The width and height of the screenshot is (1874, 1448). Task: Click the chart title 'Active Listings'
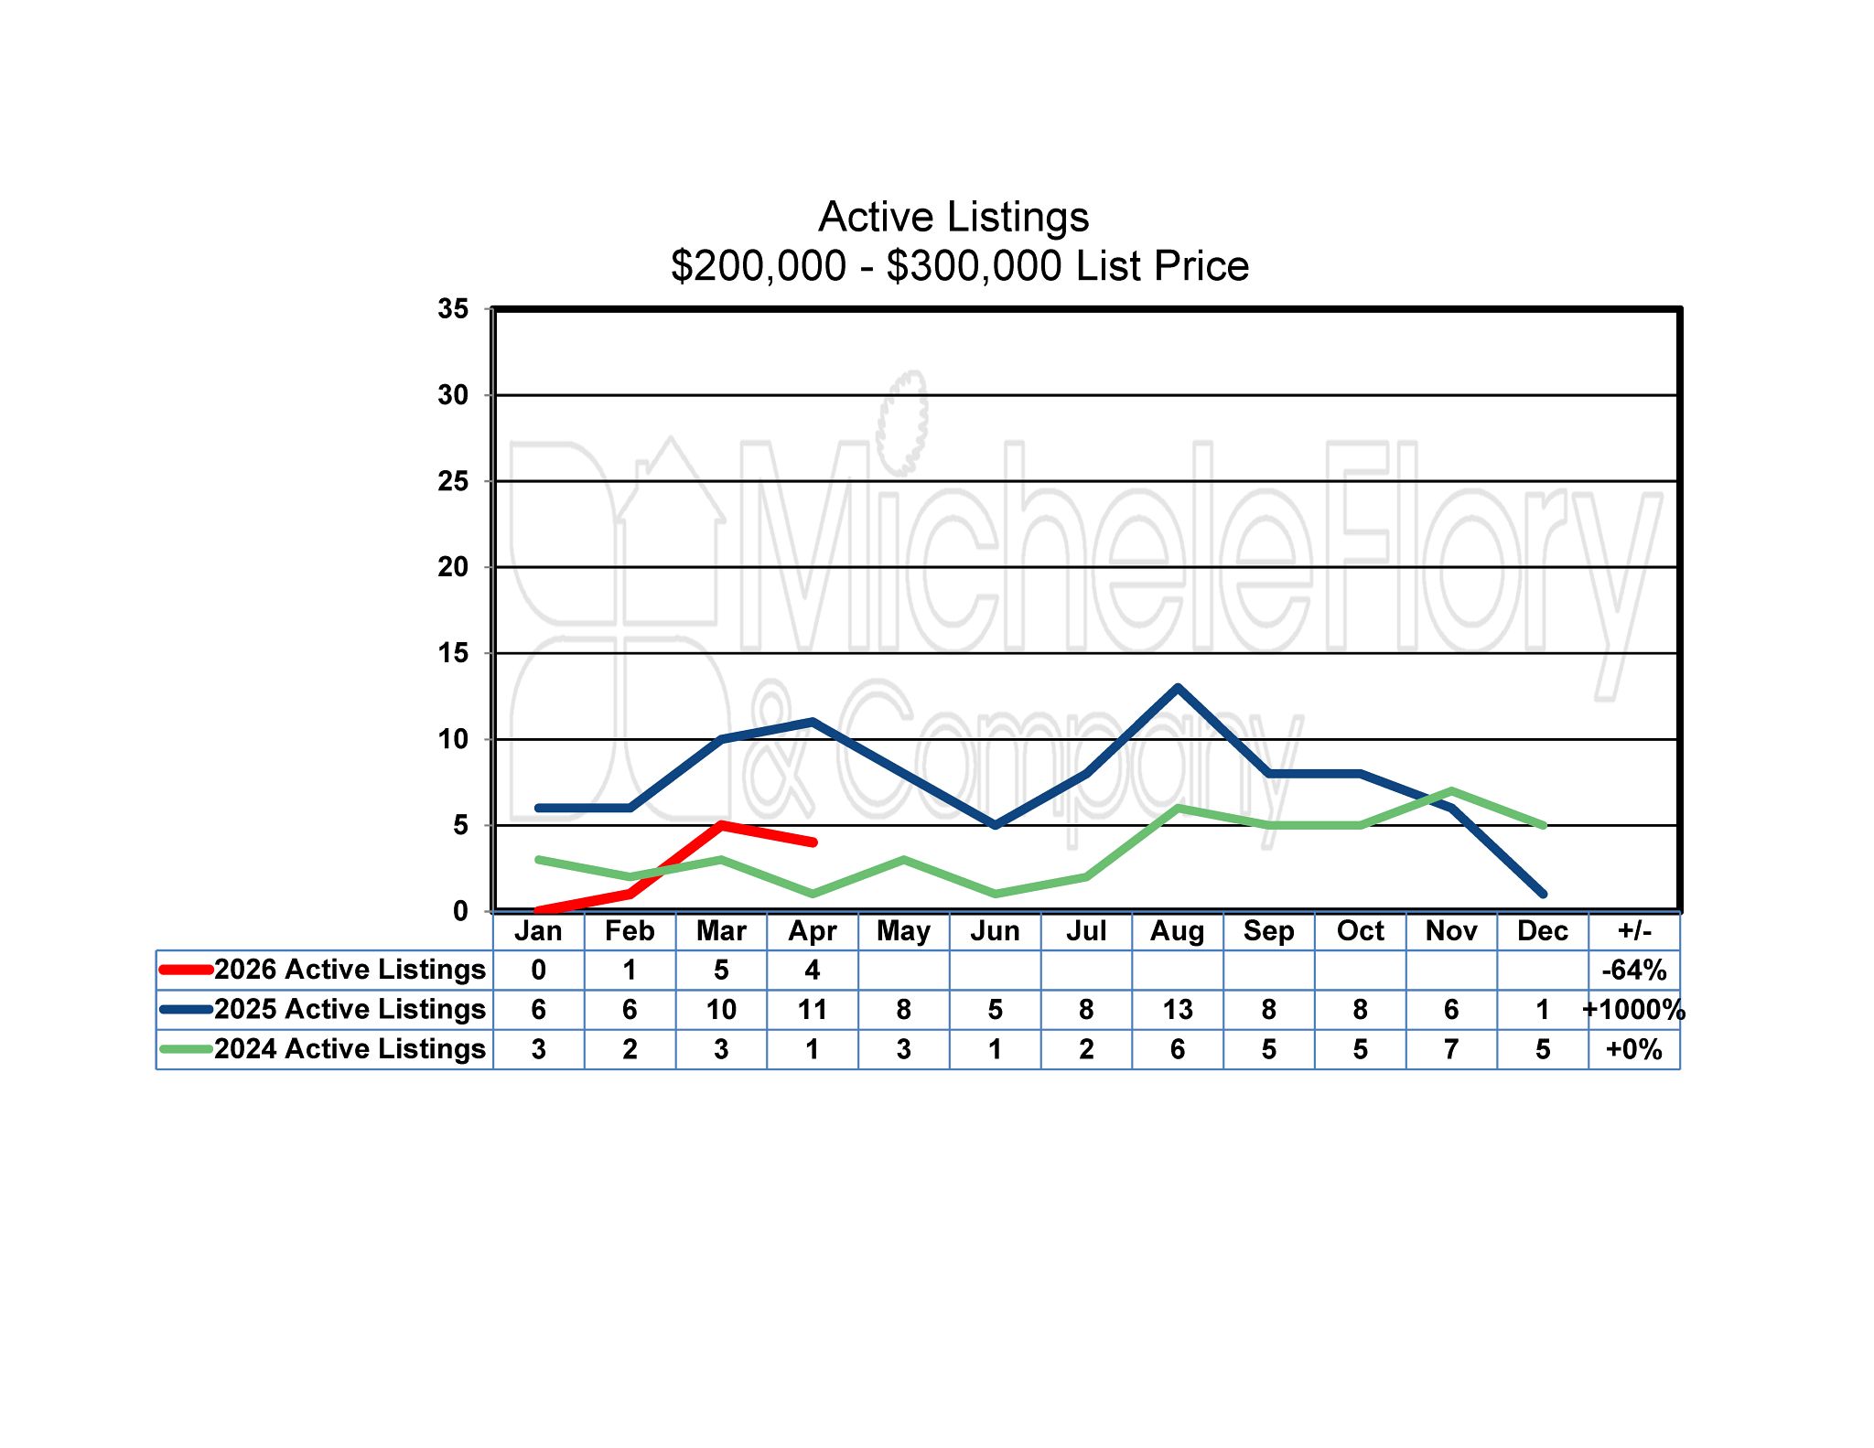(x=953, y=218)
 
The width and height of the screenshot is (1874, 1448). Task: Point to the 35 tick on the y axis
(x=453, y=309)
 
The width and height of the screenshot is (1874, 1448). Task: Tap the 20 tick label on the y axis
(x=453, y=567)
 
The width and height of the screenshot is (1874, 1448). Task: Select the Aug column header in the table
(x=1177, y=931)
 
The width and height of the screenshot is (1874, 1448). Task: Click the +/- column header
(x=1634, y=931)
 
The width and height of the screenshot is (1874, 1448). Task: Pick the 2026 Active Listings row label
(x=350, y=970)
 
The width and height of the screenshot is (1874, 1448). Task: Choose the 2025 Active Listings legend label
(x=350, y=1009)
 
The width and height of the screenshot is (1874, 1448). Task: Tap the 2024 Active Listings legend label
(x=350, y=1048)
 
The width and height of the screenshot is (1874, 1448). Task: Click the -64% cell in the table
(x=1634, y=971)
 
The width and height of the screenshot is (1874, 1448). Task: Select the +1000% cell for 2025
(x=1634, y=1010)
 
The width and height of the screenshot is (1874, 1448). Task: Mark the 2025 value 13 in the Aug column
(x=1177, y=1010)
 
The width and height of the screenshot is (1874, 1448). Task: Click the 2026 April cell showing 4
(x=813, y=971)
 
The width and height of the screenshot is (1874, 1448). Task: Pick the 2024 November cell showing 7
(x=1451, y=1049)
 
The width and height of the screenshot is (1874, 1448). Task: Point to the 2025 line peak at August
(x=1178, y=688)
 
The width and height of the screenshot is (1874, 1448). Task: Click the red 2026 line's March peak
(x=722, y=825)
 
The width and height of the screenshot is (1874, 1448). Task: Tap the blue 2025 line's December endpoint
(x=1543, y=894)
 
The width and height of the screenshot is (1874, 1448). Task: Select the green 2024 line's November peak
(x=1451, y=791)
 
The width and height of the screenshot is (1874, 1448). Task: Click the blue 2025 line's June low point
(x=996, y=825)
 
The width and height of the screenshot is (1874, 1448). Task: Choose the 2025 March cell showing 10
(x=721, y=1010)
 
